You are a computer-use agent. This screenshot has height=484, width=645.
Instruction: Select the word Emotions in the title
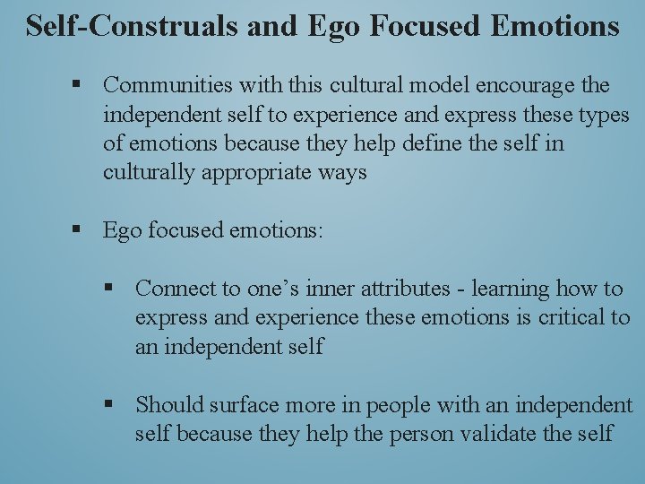click(556, 25)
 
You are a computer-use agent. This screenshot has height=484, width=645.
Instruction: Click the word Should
click(169, 405)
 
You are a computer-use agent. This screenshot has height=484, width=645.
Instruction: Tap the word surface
click(245, 405)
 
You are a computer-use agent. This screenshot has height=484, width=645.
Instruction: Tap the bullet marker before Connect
click(109, 289)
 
